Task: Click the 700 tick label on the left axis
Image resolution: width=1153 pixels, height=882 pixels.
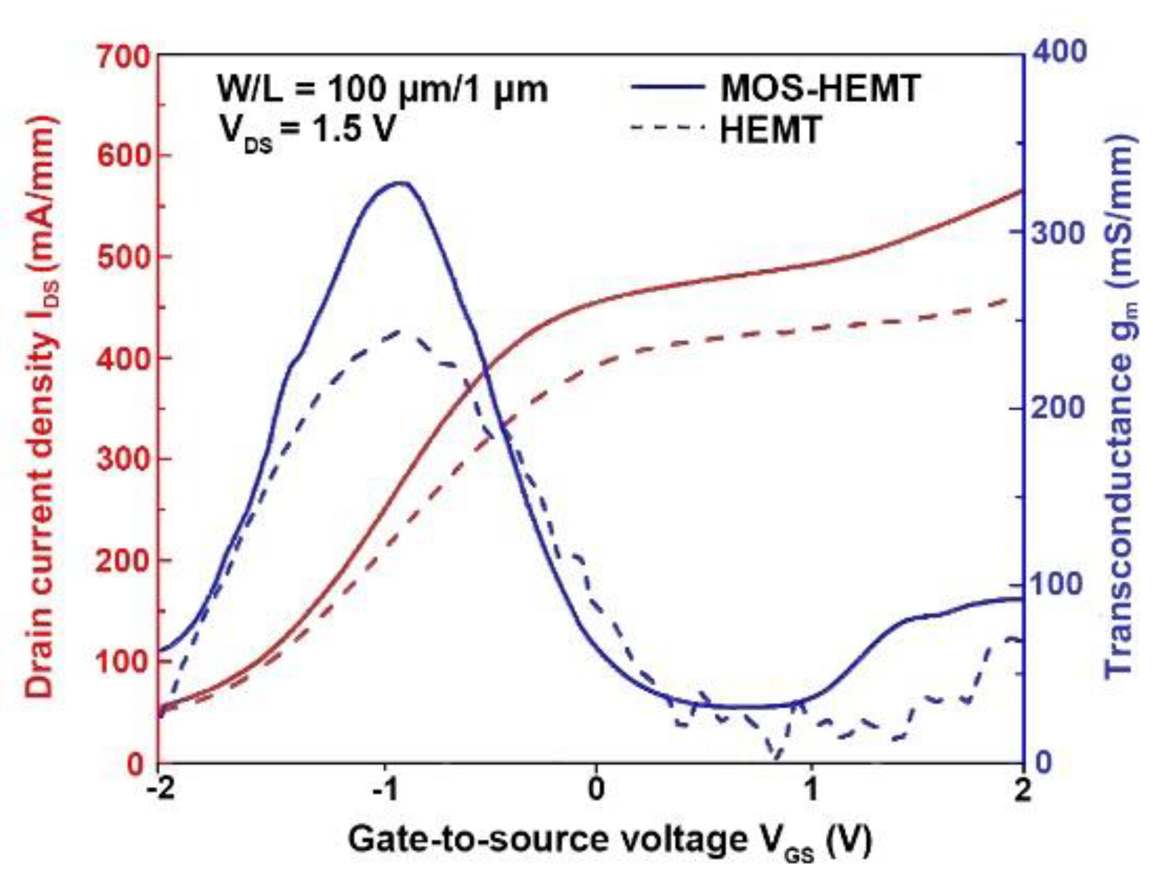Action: point(123,57)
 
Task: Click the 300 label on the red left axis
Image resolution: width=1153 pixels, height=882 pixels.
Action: point(123,460)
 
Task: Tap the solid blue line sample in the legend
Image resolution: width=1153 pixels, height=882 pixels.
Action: point(666,88)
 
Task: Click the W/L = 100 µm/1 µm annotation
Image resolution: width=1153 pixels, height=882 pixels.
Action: point(382,89)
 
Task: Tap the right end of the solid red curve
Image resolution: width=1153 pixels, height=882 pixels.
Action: point(1021,191)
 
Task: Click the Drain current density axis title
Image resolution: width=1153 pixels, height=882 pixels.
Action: point(41,407)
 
